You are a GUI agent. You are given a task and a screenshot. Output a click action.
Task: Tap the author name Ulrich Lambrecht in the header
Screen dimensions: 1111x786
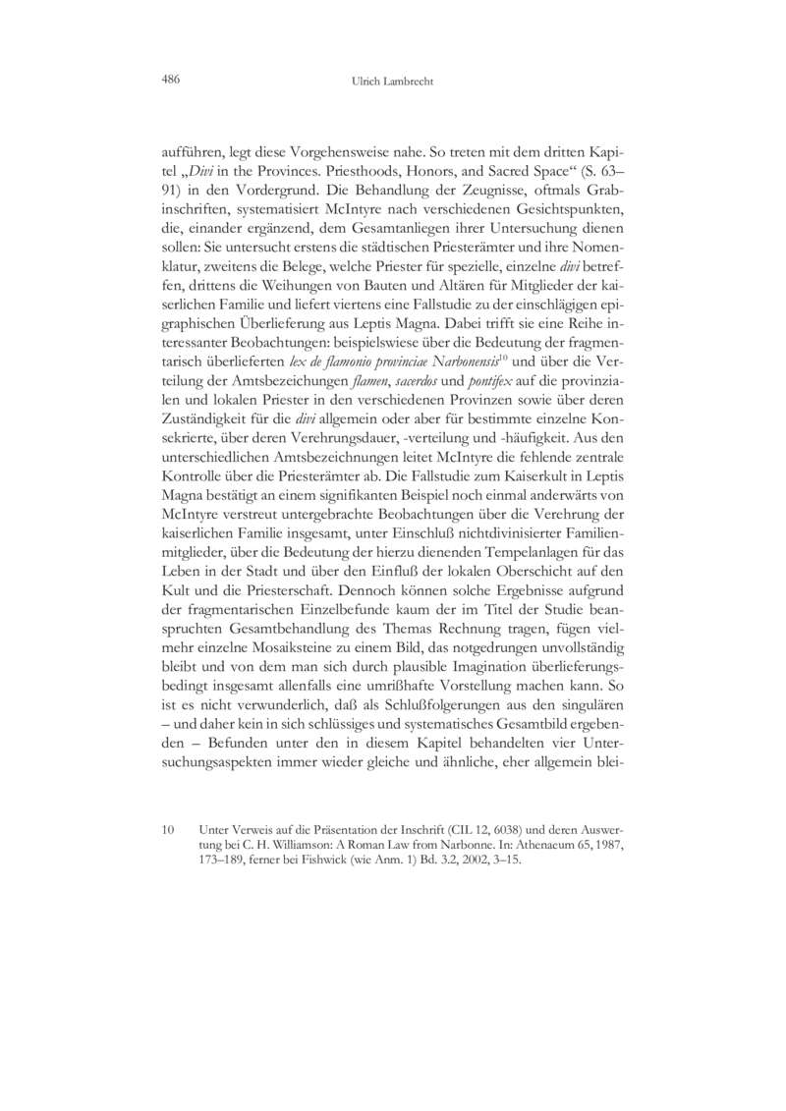point(393,82)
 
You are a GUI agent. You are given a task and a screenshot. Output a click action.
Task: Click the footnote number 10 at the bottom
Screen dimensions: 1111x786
point(168,830)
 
